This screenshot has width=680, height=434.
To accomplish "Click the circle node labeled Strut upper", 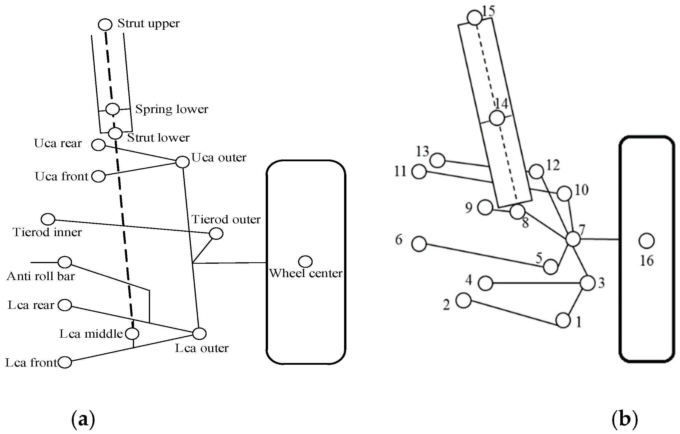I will (105, 24).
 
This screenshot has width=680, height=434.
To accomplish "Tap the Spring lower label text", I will (172, 109).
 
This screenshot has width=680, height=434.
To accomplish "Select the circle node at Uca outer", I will (183, 162).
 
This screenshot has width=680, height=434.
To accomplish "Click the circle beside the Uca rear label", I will (98, 145).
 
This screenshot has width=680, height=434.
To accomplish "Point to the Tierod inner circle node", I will (48, 219).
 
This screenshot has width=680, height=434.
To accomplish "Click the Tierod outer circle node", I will (216, 233).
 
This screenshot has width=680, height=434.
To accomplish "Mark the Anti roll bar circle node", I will (65, 262).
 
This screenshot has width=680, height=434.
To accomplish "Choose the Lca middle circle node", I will (132, 334).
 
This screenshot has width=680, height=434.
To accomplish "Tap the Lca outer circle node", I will (200, 334).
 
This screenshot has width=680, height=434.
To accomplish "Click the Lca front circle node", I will (65, 362).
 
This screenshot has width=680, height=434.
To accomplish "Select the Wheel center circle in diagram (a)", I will (305, 261).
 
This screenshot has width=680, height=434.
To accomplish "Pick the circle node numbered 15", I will (474, 18).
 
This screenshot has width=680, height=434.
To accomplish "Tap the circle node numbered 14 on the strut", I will (497, 118).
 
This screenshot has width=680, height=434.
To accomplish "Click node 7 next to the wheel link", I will (573, 239).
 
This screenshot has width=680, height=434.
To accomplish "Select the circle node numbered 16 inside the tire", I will (647, 241).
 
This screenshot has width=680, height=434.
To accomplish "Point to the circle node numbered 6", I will (419, 244).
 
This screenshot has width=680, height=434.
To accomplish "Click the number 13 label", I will (422, 151).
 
